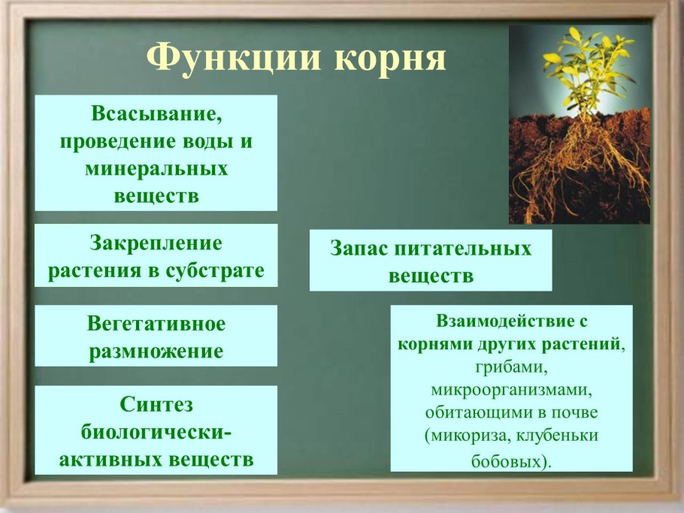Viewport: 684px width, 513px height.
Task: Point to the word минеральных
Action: point(156,169)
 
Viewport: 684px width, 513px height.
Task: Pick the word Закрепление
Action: point(156,243)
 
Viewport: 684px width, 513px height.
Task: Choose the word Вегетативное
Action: point(156,324)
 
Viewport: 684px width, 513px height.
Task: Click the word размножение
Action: point(156,351)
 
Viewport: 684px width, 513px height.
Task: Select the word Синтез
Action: point(156,404)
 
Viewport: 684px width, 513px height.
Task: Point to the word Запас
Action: point(356,249)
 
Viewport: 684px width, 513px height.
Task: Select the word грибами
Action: point(510,368)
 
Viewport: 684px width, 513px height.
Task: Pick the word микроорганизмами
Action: point(511,391)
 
